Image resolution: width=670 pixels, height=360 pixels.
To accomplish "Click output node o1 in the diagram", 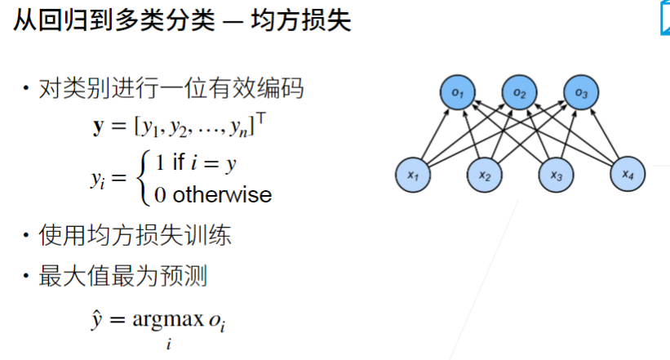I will point(459,95).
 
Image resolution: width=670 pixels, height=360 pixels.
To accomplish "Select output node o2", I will point(519,95).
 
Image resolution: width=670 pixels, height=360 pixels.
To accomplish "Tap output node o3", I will point(580,95).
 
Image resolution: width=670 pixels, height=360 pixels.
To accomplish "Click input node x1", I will point(413,174).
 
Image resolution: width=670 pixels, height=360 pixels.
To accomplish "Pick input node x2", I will point(484,174).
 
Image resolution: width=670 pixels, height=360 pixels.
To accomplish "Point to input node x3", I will point(556,174).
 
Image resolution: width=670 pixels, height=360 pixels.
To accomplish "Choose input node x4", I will point(627,173).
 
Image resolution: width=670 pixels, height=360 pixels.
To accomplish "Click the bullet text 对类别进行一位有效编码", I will point(171,88).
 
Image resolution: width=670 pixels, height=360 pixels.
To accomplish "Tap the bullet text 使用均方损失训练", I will point(135,236).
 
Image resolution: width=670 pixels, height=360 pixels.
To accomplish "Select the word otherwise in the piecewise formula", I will point(222,194).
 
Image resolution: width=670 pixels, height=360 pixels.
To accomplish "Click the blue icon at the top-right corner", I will point(664,20).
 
